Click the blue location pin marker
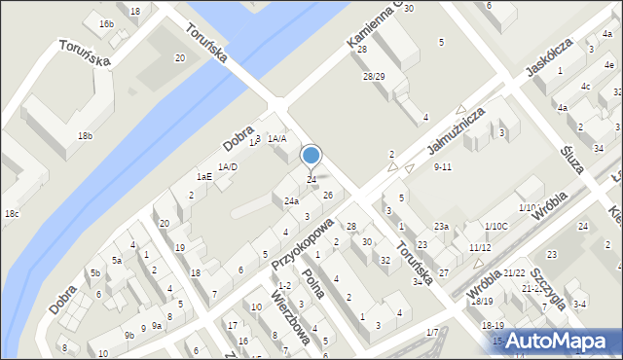point(311,157)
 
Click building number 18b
point(86,135)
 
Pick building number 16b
point(106,23)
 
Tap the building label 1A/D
point(228,167)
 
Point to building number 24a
point(291,201)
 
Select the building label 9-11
point(443,167)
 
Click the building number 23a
point(441,226)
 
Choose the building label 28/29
point(374,76)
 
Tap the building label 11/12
point(480,248)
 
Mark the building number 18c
point(11,213)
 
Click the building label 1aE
point(204,176)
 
